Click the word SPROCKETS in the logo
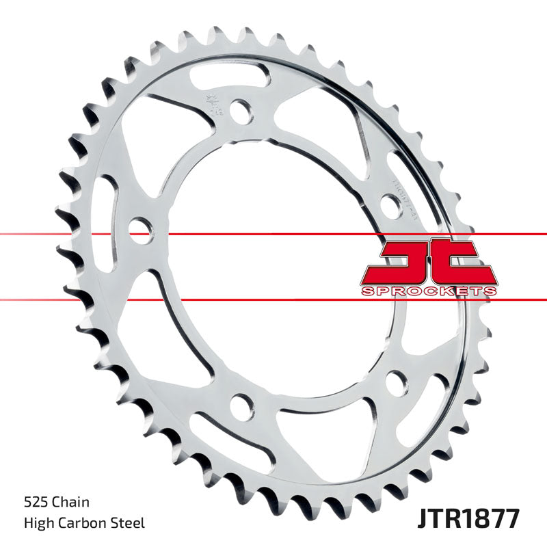point(429,291)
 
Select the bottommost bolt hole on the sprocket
point(240,408)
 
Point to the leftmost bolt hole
point(139,228)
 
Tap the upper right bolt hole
point(390,204)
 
